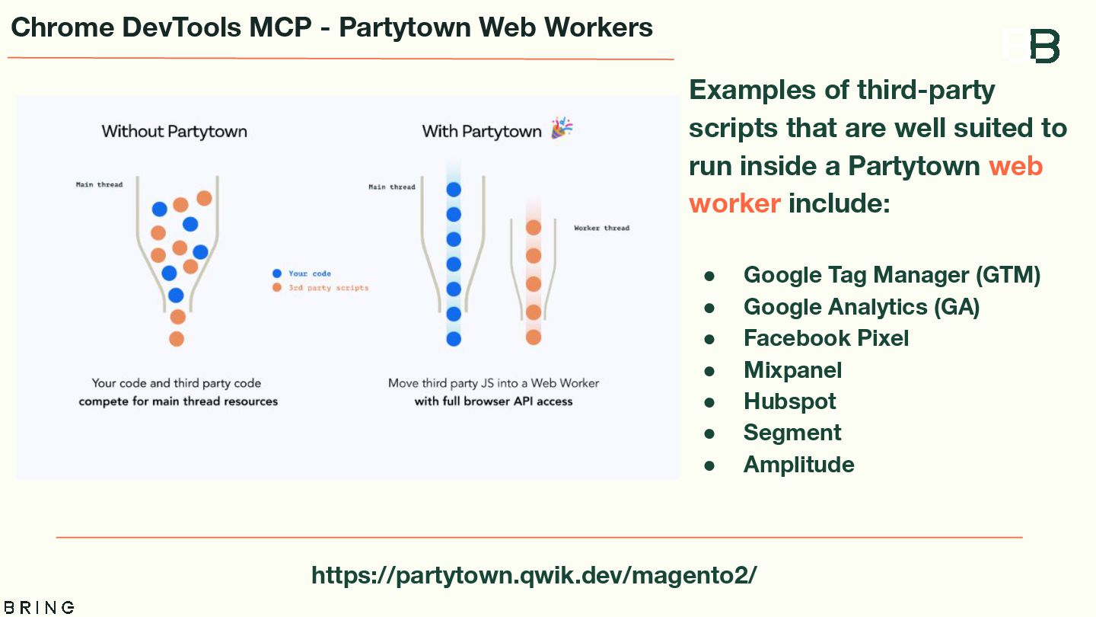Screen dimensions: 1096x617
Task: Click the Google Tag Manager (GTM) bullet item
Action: [x=891, y=275]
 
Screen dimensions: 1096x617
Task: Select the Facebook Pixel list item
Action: [x=826, y=338]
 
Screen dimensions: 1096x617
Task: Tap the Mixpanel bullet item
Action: [x=792, y=370]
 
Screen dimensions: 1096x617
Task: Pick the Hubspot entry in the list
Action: [x=789, y=401]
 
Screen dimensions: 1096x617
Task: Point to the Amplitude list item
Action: [x=798, y=465]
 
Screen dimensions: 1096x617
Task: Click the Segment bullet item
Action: [x=792, y=433]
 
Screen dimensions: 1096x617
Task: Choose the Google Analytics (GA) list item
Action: [x=861, y=307]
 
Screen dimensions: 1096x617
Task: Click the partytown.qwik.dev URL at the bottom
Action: [x=534, y=574]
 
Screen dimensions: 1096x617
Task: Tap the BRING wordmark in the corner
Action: [x=37, y=607]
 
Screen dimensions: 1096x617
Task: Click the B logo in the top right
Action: [x=1044, y=46]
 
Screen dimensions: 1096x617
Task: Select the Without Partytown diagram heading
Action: [x=174, y=131]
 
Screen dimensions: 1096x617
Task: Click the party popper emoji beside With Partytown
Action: [x=562, y=128]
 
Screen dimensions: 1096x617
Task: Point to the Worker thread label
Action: [x=601, y=228]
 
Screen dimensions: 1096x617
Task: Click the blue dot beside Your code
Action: [x=277, y=273]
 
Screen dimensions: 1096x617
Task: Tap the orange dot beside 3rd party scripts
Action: [x=277, y=288]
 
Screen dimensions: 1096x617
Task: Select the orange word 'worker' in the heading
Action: [x=734, y=203]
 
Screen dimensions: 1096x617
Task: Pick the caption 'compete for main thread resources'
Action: [x=178, y=401]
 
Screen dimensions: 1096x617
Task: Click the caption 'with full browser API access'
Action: [x=493, y=401]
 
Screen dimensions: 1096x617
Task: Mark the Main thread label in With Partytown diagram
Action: [x=392, y=187]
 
